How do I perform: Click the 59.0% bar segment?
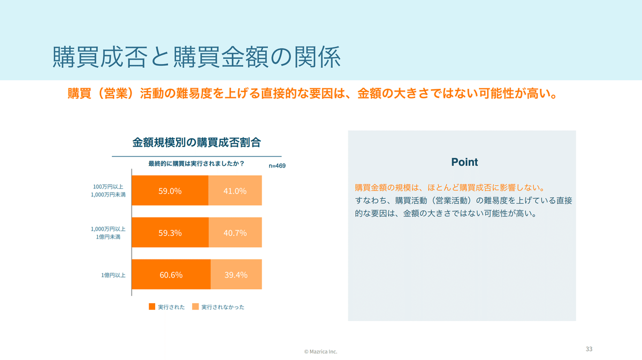170,190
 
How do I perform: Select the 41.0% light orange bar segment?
235,190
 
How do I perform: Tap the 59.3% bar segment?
170,233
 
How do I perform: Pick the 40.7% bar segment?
235,233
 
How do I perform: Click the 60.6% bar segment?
171,275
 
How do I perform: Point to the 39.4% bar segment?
236,275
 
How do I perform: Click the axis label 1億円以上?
113,275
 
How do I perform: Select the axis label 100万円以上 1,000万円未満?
109,190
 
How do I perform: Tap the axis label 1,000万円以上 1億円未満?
109,233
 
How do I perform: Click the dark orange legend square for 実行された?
152,307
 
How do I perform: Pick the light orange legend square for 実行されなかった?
195,307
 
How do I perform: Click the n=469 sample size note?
277,166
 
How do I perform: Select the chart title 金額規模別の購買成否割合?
196,142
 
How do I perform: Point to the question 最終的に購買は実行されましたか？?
196,164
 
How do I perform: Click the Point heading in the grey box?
464,162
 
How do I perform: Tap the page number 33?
589,349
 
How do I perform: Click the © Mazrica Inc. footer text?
321,351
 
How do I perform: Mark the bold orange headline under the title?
314,94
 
